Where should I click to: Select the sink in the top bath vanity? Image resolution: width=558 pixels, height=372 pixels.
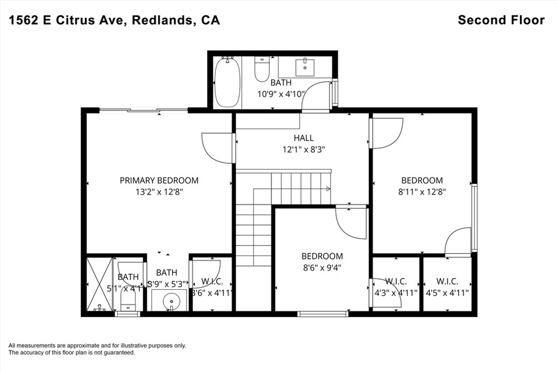[304, 66]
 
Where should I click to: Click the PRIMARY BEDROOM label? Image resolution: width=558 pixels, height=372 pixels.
[159, 180]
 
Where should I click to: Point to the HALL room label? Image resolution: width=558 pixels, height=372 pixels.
[304, 138]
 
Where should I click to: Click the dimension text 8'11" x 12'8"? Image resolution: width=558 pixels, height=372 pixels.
[422, 191]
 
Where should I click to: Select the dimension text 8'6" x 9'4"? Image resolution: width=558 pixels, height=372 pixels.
[322, 267]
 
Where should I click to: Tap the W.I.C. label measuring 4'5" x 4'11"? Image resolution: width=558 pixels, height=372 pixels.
[447, 282]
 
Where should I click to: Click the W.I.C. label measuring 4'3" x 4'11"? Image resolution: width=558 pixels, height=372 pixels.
[396, 282]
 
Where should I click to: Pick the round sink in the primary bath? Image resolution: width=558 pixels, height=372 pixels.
[171, 300]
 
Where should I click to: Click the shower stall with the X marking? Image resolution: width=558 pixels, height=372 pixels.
[99, 284]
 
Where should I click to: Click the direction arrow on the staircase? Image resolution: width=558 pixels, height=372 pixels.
[328, 189]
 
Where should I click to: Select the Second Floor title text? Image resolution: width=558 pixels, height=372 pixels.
[501, 20]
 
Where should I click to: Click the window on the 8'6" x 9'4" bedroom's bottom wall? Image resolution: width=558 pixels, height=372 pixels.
[323, 313]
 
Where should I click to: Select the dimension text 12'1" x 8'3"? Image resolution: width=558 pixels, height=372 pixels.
[304, 149]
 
